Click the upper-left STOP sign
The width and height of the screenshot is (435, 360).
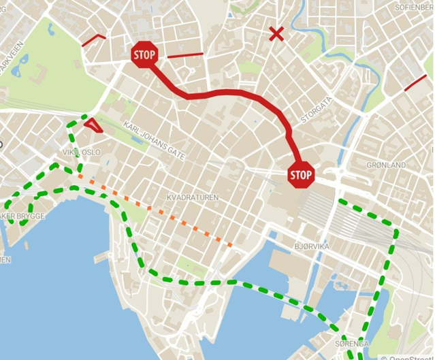(144, 54)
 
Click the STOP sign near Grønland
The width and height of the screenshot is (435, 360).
(301, 175)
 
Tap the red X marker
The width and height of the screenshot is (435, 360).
(276, 33)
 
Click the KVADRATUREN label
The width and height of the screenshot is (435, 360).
(193, 197)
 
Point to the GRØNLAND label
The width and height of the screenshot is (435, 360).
(386, 165)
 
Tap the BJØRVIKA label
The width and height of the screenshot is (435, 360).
(312, 246)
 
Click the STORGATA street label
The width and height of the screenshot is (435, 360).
(317, 110)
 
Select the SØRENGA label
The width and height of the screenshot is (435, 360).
(352, 344)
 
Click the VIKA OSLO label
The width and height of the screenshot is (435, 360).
(81, 152)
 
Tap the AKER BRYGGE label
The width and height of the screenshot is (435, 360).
(22, 216)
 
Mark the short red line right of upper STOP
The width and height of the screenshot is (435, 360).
(184, 54)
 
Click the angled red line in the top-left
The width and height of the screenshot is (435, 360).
(94, 39)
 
